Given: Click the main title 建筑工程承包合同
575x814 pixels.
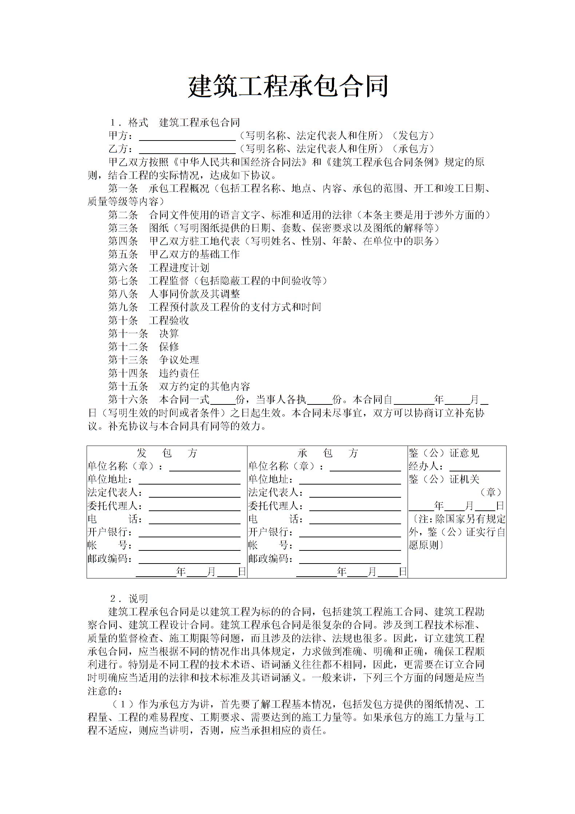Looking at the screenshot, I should coord(288,87).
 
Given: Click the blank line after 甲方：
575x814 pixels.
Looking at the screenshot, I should coord(187,137).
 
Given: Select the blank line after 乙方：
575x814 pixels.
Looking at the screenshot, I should coord(187,150).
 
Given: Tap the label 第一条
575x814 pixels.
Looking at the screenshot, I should coord(123,189).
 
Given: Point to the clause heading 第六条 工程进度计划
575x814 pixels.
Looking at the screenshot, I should coord(159,268).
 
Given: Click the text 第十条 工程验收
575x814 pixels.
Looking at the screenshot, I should coord(148,320).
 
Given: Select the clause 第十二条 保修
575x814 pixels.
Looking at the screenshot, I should coord(143,347).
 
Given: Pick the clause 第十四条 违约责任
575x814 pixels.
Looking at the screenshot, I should coord(154,373).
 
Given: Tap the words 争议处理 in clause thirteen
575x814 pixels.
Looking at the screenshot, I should coord(179,360).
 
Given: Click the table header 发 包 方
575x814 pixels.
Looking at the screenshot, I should coord(167,453).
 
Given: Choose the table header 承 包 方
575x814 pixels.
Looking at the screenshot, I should coord(328,453).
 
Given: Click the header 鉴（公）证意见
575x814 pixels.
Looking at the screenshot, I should coord(444,453).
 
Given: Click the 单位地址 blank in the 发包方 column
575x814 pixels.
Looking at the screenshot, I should coord(189,481).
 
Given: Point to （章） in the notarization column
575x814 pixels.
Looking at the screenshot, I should coord(491,493).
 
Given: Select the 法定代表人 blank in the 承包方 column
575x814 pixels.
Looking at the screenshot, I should coord(355,494).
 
